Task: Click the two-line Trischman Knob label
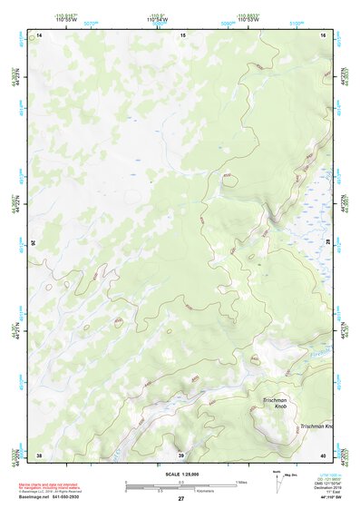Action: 275,405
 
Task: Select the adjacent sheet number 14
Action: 39,34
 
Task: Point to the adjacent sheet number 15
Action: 181,34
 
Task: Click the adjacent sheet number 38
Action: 39,455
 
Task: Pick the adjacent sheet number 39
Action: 180,455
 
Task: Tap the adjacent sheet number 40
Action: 325,455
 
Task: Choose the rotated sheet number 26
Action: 35,243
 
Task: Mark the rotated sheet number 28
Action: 328,243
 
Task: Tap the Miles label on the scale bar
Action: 241,481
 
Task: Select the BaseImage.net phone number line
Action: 50,498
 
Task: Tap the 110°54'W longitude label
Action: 156,19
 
